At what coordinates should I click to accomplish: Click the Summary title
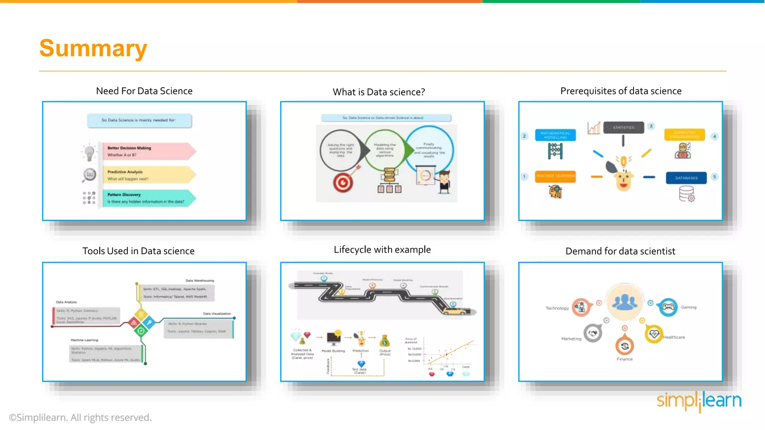click(93, 49)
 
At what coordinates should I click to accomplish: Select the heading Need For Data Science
click(144, 91)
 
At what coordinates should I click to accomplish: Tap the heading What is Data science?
click(379, 92)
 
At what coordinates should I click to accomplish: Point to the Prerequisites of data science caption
click(621, 91)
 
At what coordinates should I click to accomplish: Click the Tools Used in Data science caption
click(138, 251)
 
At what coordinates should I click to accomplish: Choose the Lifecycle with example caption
click(382, 250)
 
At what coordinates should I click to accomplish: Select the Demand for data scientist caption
click(620, 251)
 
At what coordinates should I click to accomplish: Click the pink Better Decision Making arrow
click(148, 151)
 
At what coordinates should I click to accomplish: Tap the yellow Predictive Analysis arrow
click(148, 175)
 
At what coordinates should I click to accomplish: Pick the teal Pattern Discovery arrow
click(148, 198)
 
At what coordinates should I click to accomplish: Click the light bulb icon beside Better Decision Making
click(89, 153)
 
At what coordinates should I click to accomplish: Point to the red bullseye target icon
click(343, 183)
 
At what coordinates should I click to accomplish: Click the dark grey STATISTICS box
click(623, 128)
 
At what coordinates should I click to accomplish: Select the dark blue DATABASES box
click(686, 178)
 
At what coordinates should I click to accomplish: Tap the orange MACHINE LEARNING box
click(555, 176)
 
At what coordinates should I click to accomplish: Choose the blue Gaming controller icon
click(668, 307)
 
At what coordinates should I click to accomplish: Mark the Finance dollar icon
click(625, 346)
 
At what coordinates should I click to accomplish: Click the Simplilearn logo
click(699, 401)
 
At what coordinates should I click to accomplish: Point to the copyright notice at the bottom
click(80, 417)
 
